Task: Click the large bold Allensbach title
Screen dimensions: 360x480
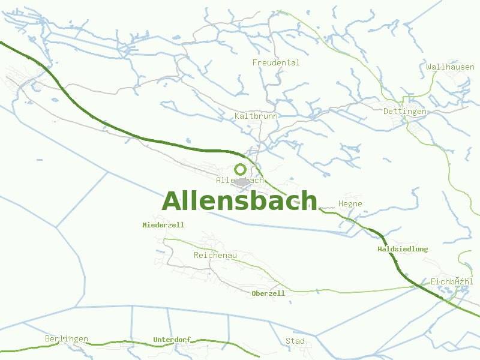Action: tap(239, 201)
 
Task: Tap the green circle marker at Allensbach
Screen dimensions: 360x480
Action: tap(241, 169)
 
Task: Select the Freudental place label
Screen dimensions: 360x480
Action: tap(276, 62)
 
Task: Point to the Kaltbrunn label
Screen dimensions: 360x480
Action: tap(256, 116)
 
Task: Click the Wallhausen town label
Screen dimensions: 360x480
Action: tap(450, 67)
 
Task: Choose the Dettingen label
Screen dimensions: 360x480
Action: tap(404, 112)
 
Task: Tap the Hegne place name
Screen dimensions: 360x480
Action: tap(350, 204)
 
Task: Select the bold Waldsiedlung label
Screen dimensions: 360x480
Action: tap(403, 249)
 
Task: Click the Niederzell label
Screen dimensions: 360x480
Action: tap(163, 225)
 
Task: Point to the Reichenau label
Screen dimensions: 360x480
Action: tap(215, 256)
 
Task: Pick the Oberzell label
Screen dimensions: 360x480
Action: tap(268, 293)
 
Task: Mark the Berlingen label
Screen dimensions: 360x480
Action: tap(67, 339)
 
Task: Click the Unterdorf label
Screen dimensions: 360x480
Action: tap(172, 340)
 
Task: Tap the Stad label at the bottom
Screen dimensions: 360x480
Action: tap(295, 341)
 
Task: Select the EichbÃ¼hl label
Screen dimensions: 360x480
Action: tap(452, 281)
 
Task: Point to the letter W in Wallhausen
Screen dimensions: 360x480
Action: tap(429, 67)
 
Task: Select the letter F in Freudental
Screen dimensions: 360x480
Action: tap(255, 62)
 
